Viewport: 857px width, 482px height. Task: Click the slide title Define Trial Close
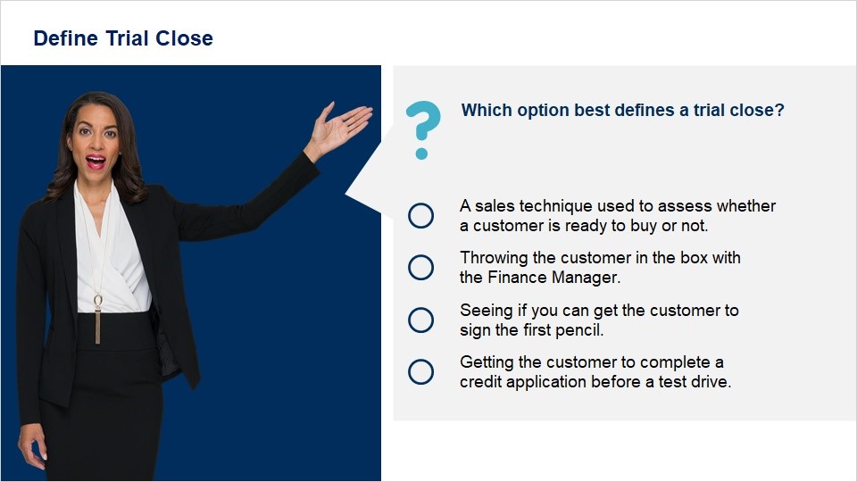pos(123,38)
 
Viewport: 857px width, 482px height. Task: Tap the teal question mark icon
pos(422,129)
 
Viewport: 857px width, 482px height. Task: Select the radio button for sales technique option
pos(420,215)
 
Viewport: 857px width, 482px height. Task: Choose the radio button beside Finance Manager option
pos(420,267)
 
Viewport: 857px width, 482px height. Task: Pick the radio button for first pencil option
pos(420,320)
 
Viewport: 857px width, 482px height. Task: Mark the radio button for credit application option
pos(420,371)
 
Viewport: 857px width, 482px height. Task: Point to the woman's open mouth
pos(96,162)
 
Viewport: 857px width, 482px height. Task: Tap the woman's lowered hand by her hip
pos(33,445)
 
